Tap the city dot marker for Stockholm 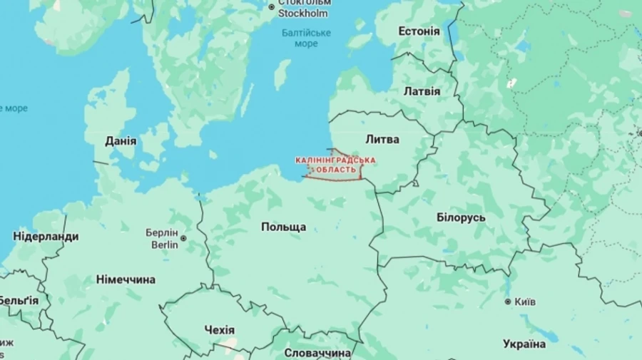[x=271, y=7]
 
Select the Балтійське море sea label [x=306, y=38]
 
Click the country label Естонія [x=419, y=31]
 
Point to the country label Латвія [x=422, y=91]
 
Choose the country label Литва [x=382, y=139]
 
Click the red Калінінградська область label [x=335, y=165]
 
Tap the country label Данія [x=121, y=140]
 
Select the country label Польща [x=283, y=227]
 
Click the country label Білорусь [x=461, y=217]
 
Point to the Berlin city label [x=165, y=239]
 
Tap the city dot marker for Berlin [x=183, y=239]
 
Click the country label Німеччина [x=126, y=279]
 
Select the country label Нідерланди [x=46, y=237]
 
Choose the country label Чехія [x=219, y=330]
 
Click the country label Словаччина [x=317, y=353]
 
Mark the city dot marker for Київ [x=508, y=302]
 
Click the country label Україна [x=524, y=344]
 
